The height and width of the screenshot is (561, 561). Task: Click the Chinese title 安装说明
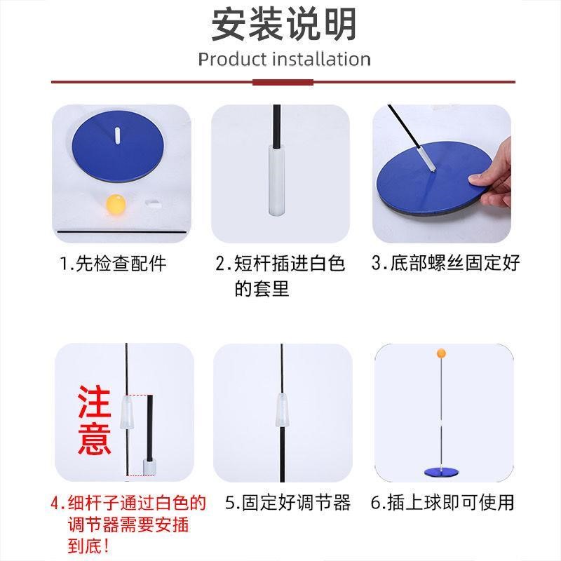click(284, 25)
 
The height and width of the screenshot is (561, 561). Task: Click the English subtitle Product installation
click(285, 60)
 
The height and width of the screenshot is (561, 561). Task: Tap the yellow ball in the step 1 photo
click(116, 204)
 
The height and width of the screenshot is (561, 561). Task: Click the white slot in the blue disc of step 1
click(117, 135)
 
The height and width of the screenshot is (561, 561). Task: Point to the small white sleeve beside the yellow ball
click(154, 203)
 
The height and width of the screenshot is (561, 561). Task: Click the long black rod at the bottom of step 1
click(121, 232)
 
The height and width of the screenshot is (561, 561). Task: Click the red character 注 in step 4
click(95, 401)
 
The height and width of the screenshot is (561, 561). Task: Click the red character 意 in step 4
click(95, 438)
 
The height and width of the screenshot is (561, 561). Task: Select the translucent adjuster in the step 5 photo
click(283, 410)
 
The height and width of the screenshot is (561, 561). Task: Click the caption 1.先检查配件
click(113, 264)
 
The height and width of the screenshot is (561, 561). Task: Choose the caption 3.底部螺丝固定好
click(445, 263)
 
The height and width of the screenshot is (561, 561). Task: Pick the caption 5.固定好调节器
click(288, 502)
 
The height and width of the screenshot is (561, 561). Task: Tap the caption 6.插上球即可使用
click(442, 502)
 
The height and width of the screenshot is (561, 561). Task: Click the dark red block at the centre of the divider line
click(283, 82)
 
